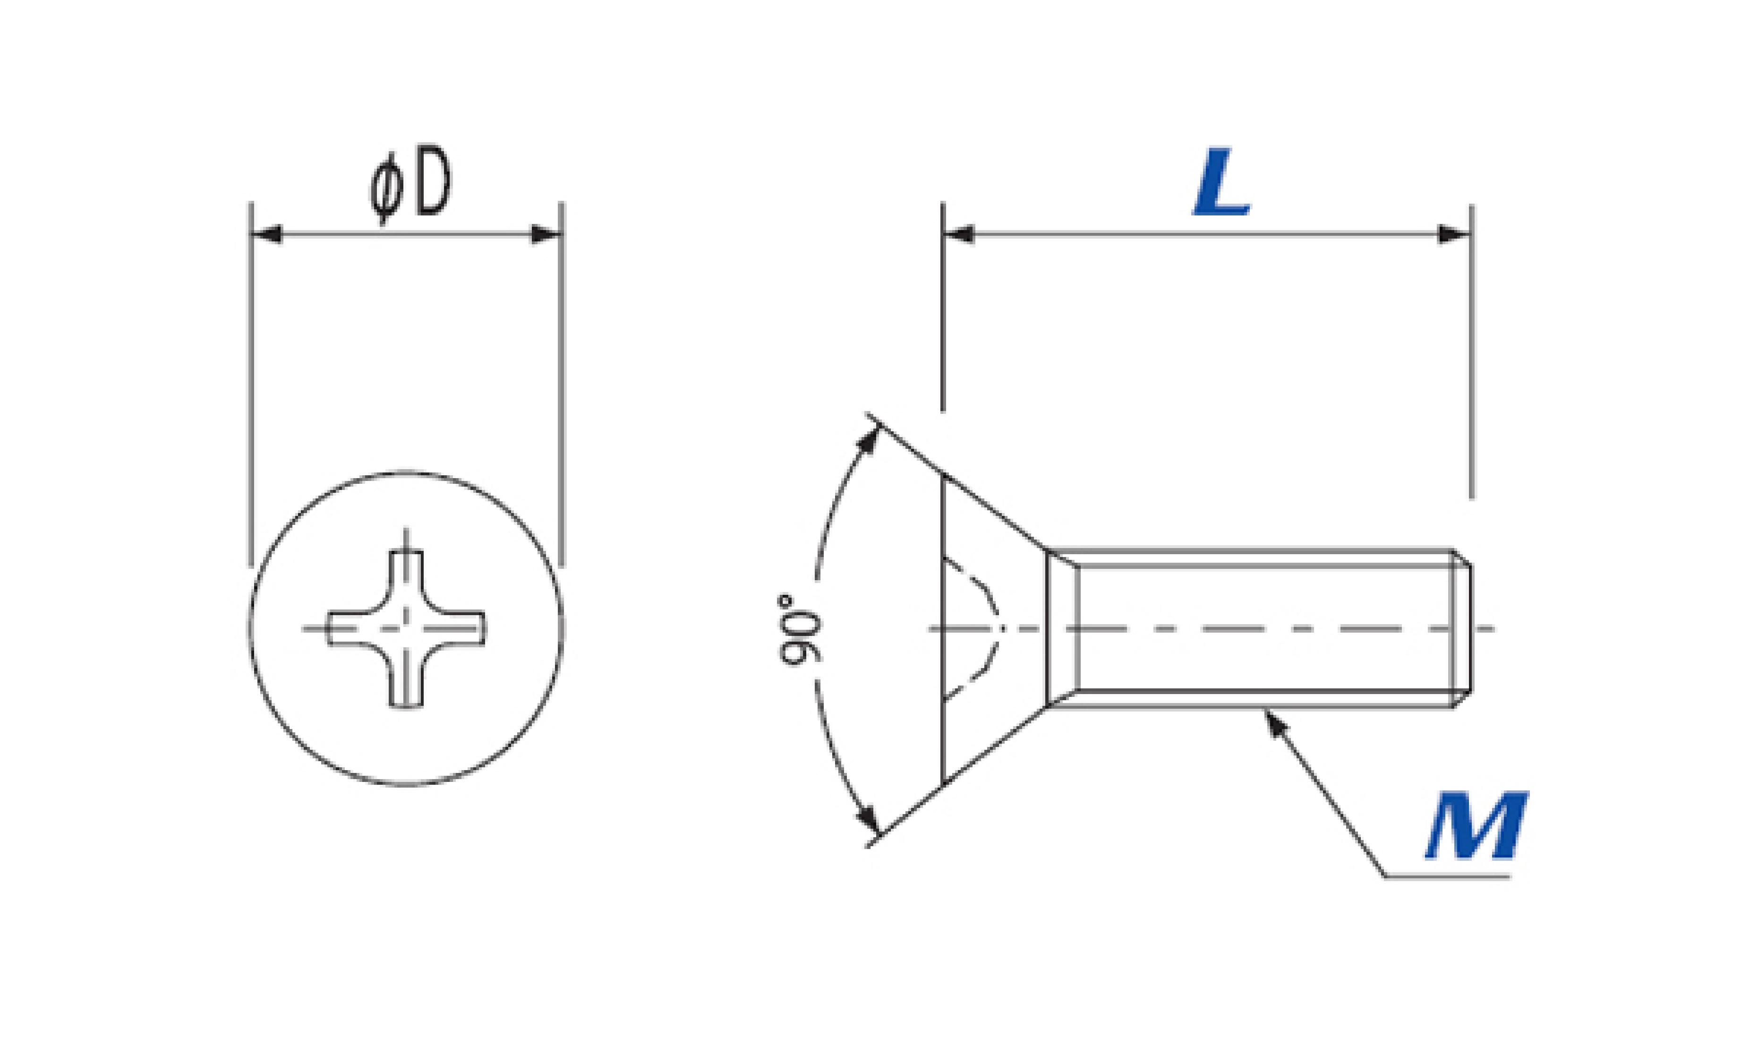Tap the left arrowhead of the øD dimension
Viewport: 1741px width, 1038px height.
pos(266,234)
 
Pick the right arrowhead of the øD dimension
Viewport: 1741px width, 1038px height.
pos(546,234)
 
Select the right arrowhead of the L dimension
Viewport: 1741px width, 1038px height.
pos(1454,234)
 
